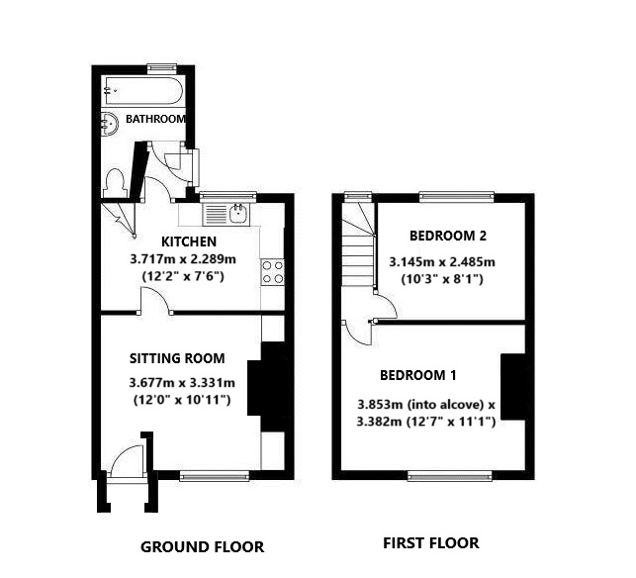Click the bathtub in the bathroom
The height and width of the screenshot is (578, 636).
[140, 93]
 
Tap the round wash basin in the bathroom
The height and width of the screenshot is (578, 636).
[110, 123]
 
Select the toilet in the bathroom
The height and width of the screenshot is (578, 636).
[115, 182]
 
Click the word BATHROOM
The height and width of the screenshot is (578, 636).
[155, 120]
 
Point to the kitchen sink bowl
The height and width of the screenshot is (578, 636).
[238, 212]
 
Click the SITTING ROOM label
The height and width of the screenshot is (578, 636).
[176, 358]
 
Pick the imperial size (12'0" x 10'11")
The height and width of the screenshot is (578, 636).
[182, 400]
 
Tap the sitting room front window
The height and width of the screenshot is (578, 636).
[215, 476]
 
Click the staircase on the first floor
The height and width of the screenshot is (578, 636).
[357, 247]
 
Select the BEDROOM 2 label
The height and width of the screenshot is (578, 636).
[448, 236]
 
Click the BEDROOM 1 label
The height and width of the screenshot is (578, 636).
[418, 375]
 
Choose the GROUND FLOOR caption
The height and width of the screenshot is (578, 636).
[202, 546]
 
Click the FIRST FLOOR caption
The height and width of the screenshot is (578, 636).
[430, 542]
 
